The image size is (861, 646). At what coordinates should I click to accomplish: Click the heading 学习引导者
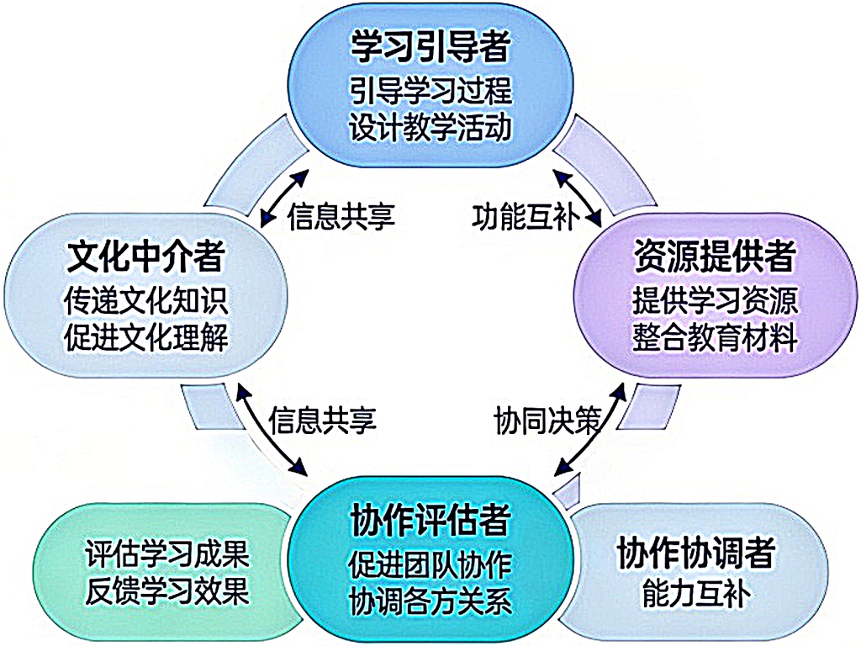click(x=430, y=48)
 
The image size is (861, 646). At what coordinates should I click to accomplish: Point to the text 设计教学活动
click(x=430, y=127)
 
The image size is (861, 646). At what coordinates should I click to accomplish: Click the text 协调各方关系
click(x=430, y=601)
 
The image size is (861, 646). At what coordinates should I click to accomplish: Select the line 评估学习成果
click(x=167, y=554)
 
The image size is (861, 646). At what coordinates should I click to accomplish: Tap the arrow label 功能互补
click(x=522, y=218)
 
